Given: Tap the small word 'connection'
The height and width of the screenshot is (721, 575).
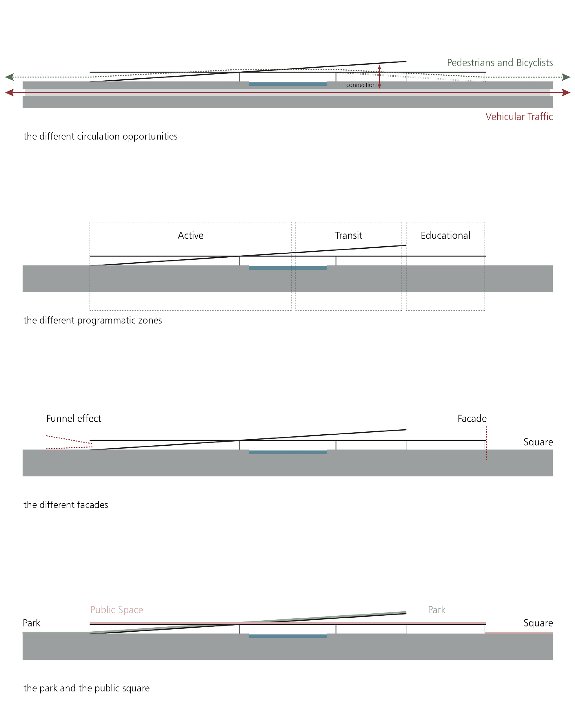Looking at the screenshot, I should click(361, 85).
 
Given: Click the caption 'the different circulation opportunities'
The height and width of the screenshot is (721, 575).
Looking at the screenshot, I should click(100, 136).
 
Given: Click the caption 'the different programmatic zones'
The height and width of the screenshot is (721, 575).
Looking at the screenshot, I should click(92, 320).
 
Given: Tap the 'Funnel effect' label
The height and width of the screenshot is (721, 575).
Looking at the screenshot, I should click(74, 418).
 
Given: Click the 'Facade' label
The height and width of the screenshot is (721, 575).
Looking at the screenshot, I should click(472, 418).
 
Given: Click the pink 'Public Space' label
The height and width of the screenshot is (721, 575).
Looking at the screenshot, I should click(116, 610).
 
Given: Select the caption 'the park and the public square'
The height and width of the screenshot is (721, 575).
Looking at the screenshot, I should click(87, 688).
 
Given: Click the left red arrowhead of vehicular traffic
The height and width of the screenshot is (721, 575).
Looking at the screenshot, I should click(9, 92).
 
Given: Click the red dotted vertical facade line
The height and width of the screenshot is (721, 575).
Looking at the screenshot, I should click(487, 443).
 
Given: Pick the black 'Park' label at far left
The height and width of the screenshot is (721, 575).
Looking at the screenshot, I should click(31, 623).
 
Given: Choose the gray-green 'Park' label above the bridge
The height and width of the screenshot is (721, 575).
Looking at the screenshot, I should click(436, 610).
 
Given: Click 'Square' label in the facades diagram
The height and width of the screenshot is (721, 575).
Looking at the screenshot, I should click(538, 442).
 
